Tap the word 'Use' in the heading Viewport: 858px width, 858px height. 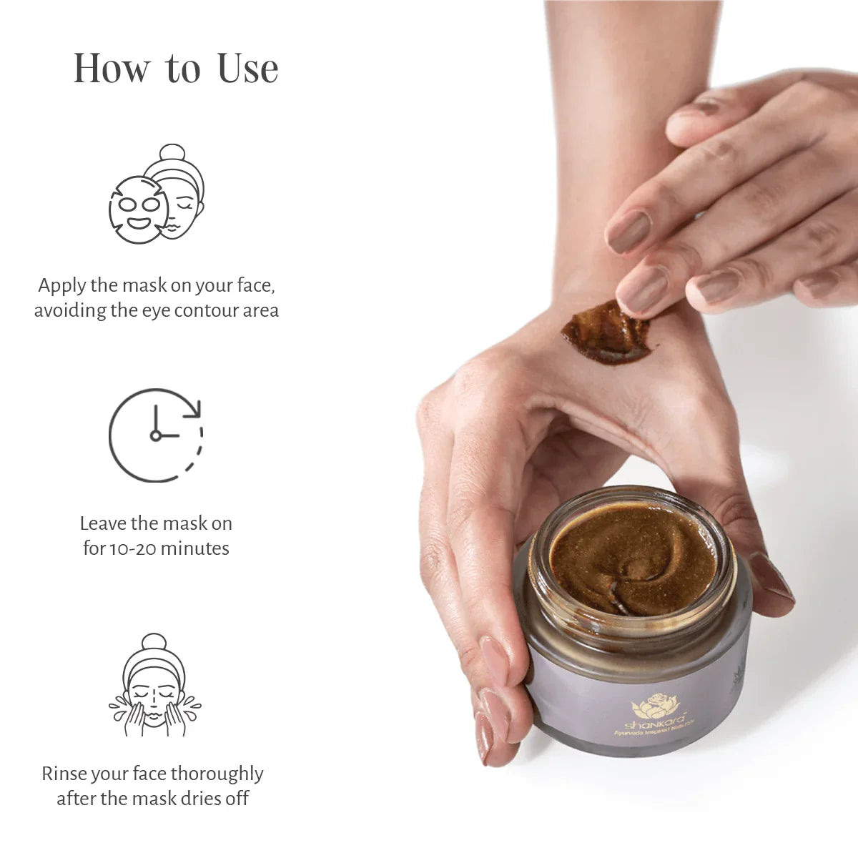[x=247, y=69]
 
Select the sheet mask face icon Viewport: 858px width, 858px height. [x=156, y=194]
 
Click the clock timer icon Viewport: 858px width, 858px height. [x=156, y=435]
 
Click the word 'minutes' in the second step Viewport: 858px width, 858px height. [x=194, y=548]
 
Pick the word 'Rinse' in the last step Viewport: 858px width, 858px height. [x=64, y=774]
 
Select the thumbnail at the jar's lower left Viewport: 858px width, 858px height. [x=484, y=736]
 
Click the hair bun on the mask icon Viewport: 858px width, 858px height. [x=172, y=152]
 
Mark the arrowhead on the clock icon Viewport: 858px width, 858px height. [x=194, y=408]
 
